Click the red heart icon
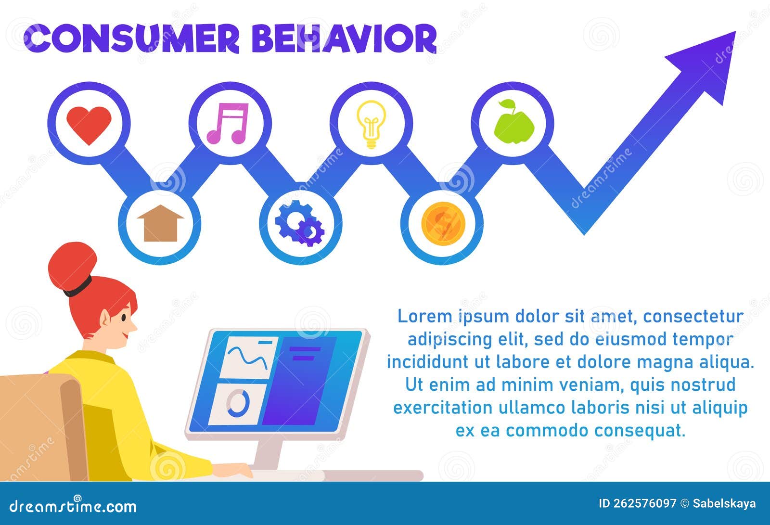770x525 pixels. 89,124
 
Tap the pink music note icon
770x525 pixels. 228,123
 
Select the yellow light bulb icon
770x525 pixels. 371,124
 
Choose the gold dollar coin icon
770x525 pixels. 442,224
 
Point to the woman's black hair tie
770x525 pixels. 78,288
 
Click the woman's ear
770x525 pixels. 105,318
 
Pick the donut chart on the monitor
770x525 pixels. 238,403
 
